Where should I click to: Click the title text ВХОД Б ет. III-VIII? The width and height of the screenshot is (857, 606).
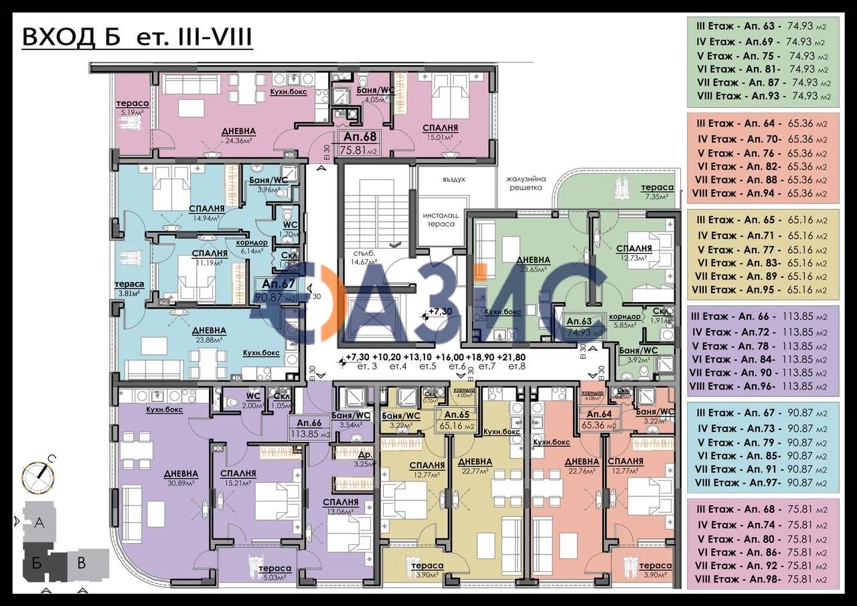pyautogui.click(x=137, y=37)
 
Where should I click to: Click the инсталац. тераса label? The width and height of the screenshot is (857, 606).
pyautogui.click(x=439, y=219)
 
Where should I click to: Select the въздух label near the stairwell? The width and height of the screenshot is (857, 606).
pyautogui.click(x=453, y=179)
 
